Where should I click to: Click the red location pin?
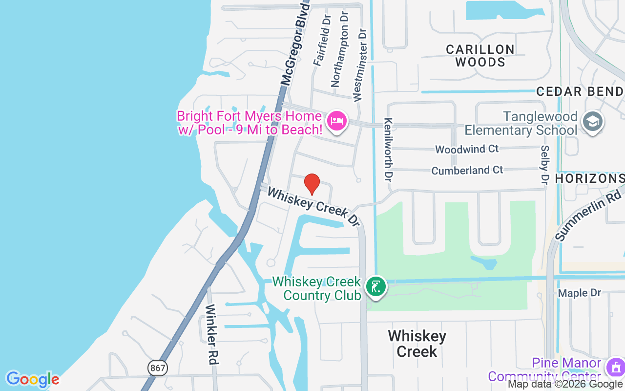click(x=312, y=184)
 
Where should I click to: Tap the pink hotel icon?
click(x=337, y=120)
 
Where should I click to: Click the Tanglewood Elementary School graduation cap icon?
click(x=593, y=122)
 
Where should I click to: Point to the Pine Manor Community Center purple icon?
click(x=614, y=368)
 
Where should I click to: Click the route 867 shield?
click(x=158, y=368)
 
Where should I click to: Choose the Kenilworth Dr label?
click(x=389, y=149)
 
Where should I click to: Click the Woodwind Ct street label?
click(x=467, y=149)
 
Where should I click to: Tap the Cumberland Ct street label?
click(x=467, y=170)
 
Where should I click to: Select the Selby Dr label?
click(x=545, y=165)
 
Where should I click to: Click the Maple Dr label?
click(x=580, y=293)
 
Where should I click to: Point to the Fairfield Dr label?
click(x=322, y=40)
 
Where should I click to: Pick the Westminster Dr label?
click(x=360, y=65)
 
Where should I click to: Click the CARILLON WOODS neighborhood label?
click(x=480, y=56)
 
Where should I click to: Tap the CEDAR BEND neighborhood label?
click(x=580, y=91)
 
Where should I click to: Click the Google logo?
click(x=32, y=379)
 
